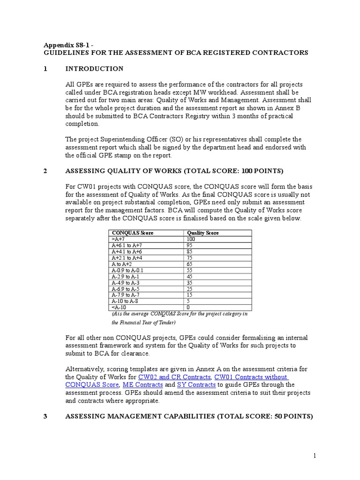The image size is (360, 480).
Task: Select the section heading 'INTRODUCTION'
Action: pos(94,69)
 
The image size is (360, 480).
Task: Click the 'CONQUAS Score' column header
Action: pos(132,233)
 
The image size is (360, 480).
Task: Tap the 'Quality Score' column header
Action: pos(202,233)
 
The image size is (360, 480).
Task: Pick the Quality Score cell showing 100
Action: pos(191,239)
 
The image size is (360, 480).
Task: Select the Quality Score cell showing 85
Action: pos(190,252)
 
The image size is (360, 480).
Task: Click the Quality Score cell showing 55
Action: pos(190,270)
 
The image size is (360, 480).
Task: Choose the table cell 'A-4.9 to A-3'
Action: pos(126,283)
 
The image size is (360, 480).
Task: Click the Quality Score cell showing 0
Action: pos(188,307)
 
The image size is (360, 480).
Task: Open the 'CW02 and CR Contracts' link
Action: pos(174,377)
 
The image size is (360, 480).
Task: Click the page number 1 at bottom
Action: pos(315,455)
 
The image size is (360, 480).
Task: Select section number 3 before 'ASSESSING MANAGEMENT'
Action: pos(45,416)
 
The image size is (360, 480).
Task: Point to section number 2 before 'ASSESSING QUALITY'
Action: pos(45,171)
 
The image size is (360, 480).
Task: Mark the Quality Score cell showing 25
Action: pos(190,289)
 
